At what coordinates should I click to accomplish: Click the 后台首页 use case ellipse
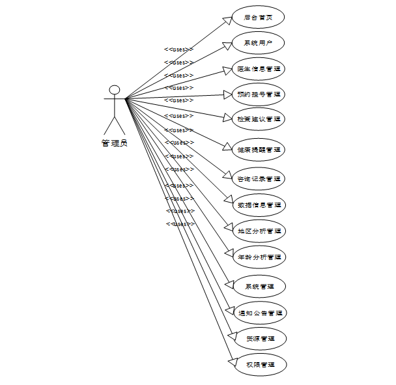pos(259,18)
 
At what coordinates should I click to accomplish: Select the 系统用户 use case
pos(259,43)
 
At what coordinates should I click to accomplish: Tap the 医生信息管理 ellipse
pos(259,68)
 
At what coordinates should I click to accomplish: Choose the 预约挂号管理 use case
pos(259,94)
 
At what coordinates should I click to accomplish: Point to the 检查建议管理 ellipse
pos(259,119)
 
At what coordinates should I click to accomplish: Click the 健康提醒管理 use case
pos(259,149)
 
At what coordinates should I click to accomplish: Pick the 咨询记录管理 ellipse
pos(259,178)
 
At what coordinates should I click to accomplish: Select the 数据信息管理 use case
pos(259,205)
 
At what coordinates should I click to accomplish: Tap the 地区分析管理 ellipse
pos(259,231)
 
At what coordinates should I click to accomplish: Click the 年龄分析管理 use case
pos(259,257)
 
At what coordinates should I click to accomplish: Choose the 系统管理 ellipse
pos(259,286)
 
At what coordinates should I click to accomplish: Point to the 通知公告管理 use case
pos(259,313)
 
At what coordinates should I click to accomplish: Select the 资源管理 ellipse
pos(259,339)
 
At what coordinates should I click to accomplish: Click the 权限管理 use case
pos(259,365)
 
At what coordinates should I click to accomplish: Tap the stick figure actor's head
pos(115,89)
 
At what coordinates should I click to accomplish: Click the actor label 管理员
pos(115,143)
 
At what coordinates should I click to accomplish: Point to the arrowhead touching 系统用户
pos(228,44)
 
